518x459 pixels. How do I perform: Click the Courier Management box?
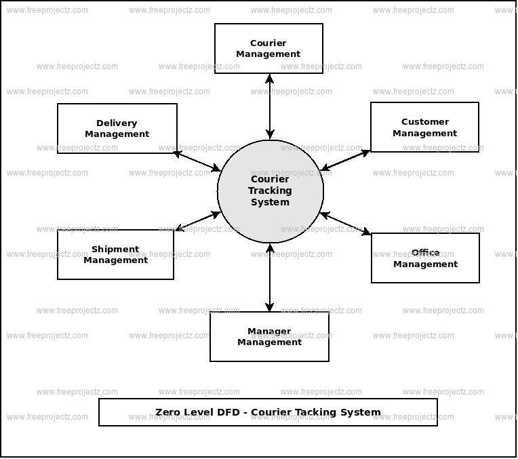tap(268, 48)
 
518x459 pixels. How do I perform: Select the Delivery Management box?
tap(117, 128)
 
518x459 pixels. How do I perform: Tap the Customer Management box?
tap(424, 127)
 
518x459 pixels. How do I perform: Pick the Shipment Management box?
tap(116, 254)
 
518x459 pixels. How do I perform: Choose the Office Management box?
tap(425, 258)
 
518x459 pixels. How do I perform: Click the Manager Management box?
tap(269, 336)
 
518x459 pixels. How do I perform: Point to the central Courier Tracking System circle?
tap(271, 191)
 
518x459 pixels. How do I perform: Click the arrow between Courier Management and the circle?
tap(270, 106)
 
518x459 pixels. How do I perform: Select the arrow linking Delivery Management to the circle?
tap(197, 161)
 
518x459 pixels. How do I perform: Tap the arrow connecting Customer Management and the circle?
tap(346, 161)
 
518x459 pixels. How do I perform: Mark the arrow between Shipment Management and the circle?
tap(197, 221)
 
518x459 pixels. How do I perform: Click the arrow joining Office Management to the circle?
tap(345, 224)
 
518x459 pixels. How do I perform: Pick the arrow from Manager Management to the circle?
tap(270, 277)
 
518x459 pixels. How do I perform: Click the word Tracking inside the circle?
tap(270, 191)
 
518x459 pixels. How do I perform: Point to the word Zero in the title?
tap(167, 412)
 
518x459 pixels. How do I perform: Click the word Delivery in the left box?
tap(117, 123)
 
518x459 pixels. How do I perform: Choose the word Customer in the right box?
tap(425, 121)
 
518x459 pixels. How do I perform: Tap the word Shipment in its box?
tap(115, 250)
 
